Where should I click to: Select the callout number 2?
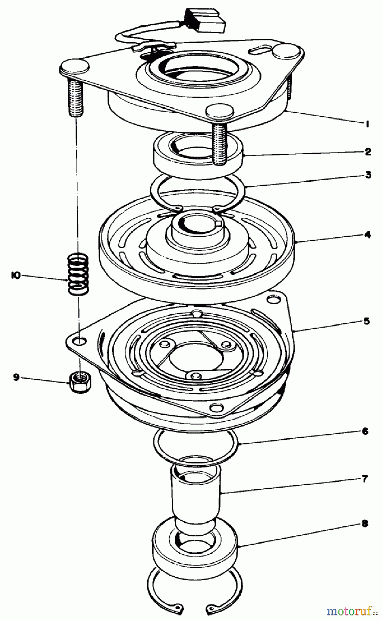(x=368, y=152)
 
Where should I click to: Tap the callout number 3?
(x=368, y=175)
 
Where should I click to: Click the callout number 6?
(x=365, y=431)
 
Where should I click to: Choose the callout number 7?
(x=365, y=479)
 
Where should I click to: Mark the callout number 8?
(x=365, y=524)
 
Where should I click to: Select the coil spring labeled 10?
(x=78, y=274)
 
